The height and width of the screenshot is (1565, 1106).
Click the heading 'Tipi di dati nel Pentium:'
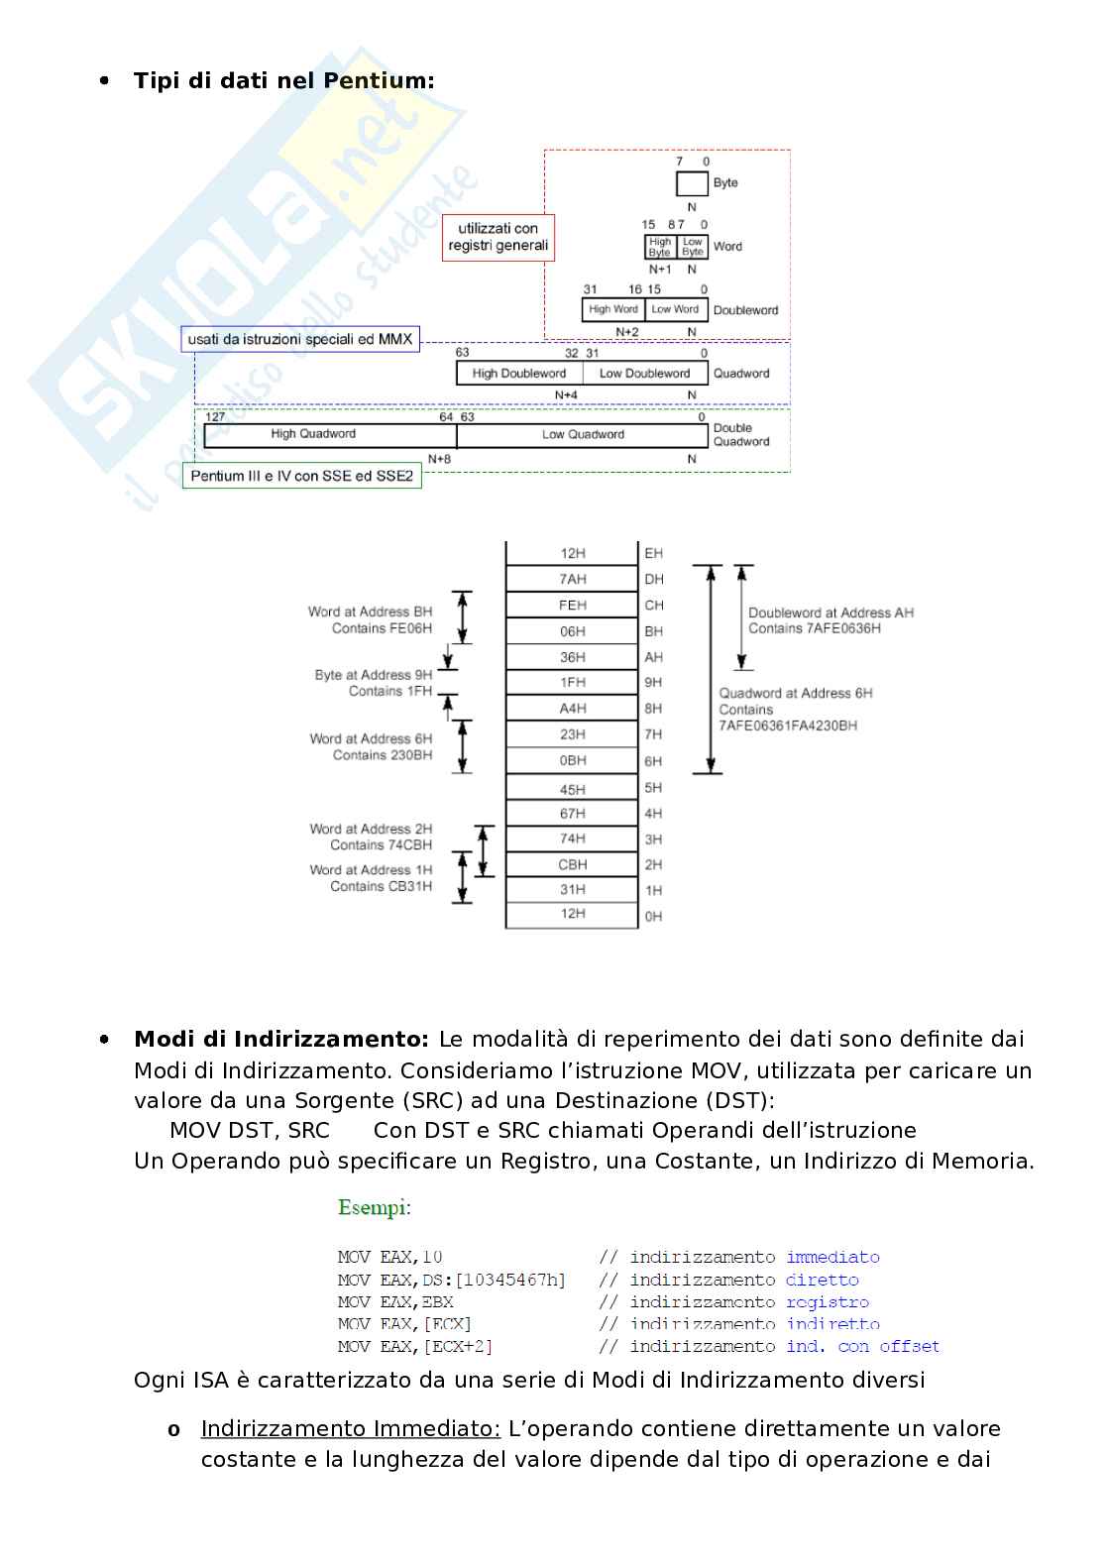283,81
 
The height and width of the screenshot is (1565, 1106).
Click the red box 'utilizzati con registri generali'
498,238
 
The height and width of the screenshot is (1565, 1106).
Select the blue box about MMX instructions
300,339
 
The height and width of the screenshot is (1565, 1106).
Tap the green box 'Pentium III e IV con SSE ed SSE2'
301,477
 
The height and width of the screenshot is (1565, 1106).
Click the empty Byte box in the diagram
692,183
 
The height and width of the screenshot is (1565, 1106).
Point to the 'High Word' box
613,309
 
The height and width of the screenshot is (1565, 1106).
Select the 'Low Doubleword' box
644,374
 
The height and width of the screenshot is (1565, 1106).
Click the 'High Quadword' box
313,434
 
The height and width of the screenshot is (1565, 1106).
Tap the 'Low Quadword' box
583,434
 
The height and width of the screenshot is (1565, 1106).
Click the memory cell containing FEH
572,606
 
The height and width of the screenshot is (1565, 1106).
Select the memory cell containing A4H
572,709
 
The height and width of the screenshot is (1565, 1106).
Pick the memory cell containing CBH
572,864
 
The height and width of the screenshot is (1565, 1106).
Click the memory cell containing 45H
572,790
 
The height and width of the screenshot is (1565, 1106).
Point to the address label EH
654,553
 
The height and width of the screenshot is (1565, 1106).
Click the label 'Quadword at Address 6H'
796,694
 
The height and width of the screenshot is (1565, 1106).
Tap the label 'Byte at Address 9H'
374,675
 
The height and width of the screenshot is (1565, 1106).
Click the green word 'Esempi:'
375,1207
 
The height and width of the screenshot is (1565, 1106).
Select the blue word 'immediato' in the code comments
832,1257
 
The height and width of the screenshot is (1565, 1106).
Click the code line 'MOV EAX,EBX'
395,1302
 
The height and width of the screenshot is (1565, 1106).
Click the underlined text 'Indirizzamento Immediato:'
351,1429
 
